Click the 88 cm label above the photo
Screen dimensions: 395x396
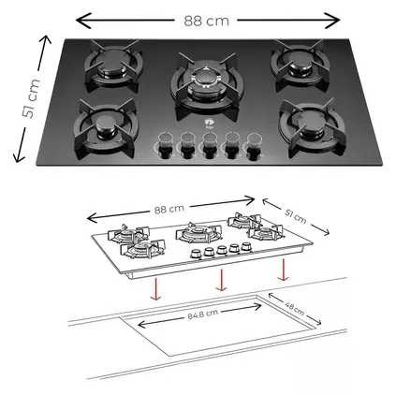click(206, 20)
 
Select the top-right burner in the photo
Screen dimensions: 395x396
click(297, 63)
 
